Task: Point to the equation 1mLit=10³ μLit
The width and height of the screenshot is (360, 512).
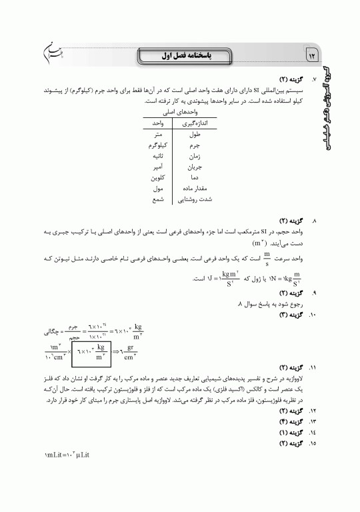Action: click(x=67, y=454)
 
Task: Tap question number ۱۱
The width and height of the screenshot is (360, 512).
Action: click(x=305, y=367)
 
